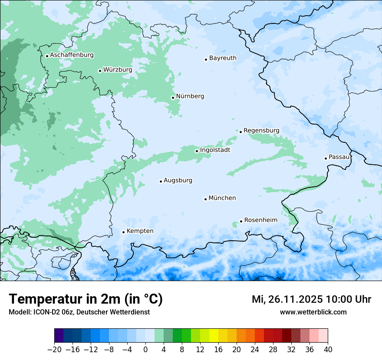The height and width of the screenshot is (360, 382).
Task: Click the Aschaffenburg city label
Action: (x=72, y=55)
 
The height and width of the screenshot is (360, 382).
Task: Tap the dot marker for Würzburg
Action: (x=100, y=71)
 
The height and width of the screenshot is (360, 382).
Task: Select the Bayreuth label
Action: (x=223, y=58)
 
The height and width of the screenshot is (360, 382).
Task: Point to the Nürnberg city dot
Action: (x=173, y=98)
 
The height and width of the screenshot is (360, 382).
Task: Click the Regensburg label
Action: (x=261, y=131)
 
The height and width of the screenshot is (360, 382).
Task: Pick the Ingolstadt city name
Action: (x=215, y=150)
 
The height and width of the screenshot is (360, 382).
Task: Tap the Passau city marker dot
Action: (x=326, y=158)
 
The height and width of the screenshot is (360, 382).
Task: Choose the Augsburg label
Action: (x=178, y=180)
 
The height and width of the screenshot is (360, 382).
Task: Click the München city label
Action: (x=222, y=198)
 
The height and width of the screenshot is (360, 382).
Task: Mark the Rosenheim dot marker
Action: (x=241, y=221)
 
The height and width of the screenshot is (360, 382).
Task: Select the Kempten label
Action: (x=140, y=231)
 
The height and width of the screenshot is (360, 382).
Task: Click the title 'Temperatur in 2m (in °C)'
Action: (x=86, y=299)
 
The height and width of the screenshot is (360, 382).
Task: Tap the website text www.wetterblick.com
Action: (x=313, y=312)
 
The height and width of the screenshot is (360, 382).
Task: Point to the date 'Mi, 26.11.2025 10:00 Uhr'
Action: (x=311, y=299)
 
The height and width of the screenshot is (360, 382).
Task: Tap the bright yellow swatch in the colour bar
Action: (x=214, y=336)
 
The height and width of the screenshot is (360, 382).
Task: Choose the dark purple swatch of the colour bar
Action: (x=59, y=336)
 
